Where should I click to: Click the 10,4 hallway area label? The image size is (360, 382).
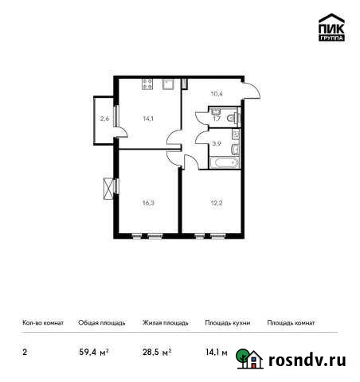pyautogui.click(x=216, y=93)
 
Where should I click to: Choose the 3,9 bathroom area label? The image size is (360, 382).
pyautogui.click(x=216, y=144)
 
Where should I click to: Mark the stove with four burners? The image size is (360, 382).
pyautogui.click(x=147, y=83)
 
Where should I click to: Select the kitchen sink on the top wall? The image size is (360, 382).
pyautogui.click(x=168, y=83)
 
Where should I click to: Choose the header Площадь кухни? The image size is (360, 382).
pyautogui.click(x=227, y=323)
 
